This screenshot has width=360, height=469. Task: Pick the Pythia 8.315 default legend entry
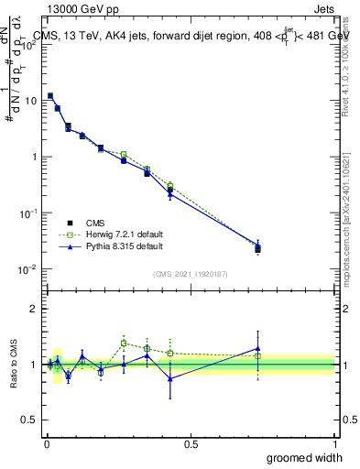coord(113,246)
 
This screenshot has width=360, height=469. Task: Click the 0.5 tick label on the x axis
coord(191,442)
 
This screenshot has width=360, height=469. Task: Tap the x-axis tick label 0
coord(46,442)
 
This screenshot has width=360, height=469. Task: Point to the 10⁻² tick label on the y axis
coord(27,268)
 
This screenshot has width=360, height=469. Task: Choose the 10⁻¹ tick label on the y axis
coord(27,213)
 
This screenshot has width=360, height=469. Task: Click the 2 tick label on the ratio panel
coord(35,309)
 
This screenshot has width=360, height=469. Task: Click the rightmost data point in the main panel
coord(257,248)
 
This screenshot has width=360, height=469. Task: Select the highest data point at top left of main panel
coord(50,95)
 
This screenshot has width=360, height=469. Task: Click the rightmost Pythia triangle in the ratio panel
coord(257,348)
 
